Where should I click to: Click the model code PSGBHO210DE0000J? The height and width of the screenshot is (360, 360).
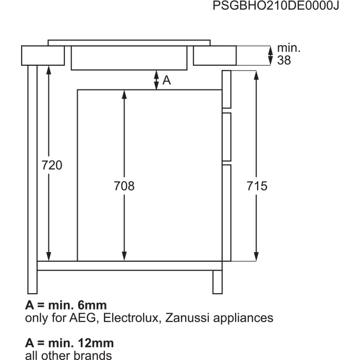(x=276, y=5)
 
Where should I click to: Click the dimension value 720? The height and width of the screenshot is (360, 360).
(x=51, y=165)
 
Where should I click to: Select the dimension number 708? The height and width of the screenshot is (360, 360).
(x=124, y=186)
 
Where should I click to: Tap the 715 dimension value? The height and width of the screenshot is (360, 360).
(x=257, y=186)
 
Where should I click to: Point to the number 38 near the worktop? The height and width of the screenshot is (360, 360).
(x=284, y=60)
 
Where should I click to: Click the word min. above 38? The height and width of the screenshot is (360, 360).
(x=289, y=48)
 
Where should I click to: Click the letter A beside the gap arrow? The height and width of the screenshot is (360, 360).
(x=167, y=80)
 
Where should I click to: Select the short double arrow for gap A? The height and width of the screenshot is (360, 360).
(x=156, y=80)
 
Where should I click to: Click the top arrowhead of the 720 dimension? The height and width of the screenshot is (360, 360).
(x=49, y=70)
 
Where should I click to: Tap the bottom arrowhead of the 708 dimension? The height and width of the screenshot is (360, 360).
(x=124, y=257)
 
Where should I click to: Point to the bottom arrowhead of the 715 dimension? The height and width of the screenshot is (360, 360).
(x=256, y=257)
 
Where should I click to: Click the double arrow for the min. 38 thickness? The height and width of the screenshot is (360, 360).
(x=271, y=56)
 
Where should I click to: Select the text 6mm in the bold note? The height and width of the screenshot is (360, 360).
(x=92, y=305)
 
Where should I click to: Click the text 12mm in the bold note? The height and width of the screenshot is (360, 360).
(x=96, y=343)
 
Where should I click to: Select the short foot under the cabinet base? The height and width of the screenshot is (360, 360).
(x=218, y=282)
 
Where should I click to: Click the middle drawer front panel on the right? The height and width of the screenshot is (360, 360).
(x=227, y=137)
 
